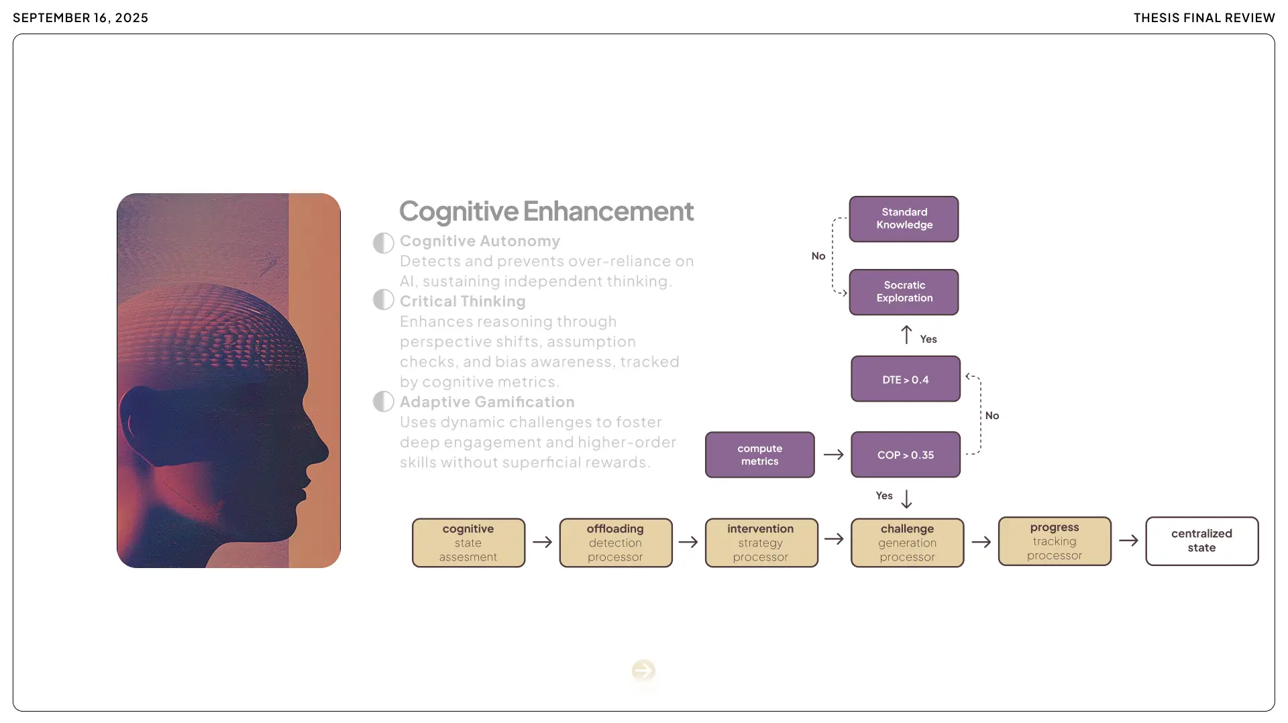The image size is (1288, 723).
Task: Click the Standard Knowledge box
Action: coord(904,219)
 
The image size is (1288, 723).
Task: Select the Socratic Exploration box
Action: coord(904,292)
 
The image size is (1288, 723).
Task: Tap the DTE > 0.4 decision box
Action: coord(905,379)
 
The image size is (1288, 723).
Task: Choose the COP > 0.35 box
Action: coord(905,455)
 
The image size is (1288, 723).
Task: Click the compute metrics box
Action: coord(759,455)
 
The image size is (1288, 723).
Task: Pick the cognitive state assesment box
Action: coord(468,543)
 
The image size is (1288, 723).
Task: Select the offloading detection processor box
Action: coord(615,543)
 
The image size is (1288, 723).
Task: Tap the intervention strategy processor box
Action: coord(761,543)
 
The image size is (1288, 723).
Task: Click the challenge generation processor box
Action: coord(907,543)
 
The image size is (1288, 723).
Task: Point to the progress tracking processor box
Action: coord(1054,541)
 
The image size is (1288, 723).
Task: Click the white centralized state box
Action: coord(1201,541)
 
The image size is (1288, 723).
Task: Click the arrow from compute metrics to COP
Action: coord(833,455)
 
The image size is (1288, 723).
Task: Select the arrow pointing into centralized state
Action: coord(1128,540)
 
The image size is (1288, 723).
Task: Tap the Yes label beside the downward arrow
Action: coord(884,496)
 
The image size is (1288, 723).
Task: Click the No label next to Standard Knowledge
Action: coord(818,256)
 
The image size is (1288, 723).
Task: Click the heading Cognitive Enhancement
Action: coord(546,211)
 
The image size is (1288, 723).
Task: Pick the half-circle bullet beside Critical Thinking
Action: coord(383,300)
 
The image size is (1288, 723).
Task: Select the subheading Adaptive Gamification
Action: coord(487,402)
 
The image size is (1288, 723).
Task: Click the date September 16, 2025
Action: coord(80,18)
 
